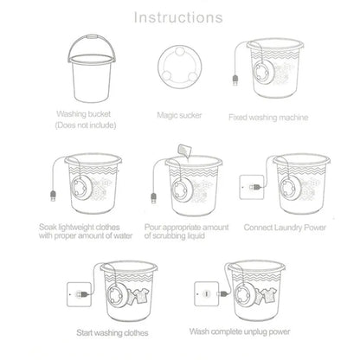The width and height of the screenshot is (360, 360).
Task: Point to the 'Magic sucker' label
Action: click(x=179, y=113)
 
